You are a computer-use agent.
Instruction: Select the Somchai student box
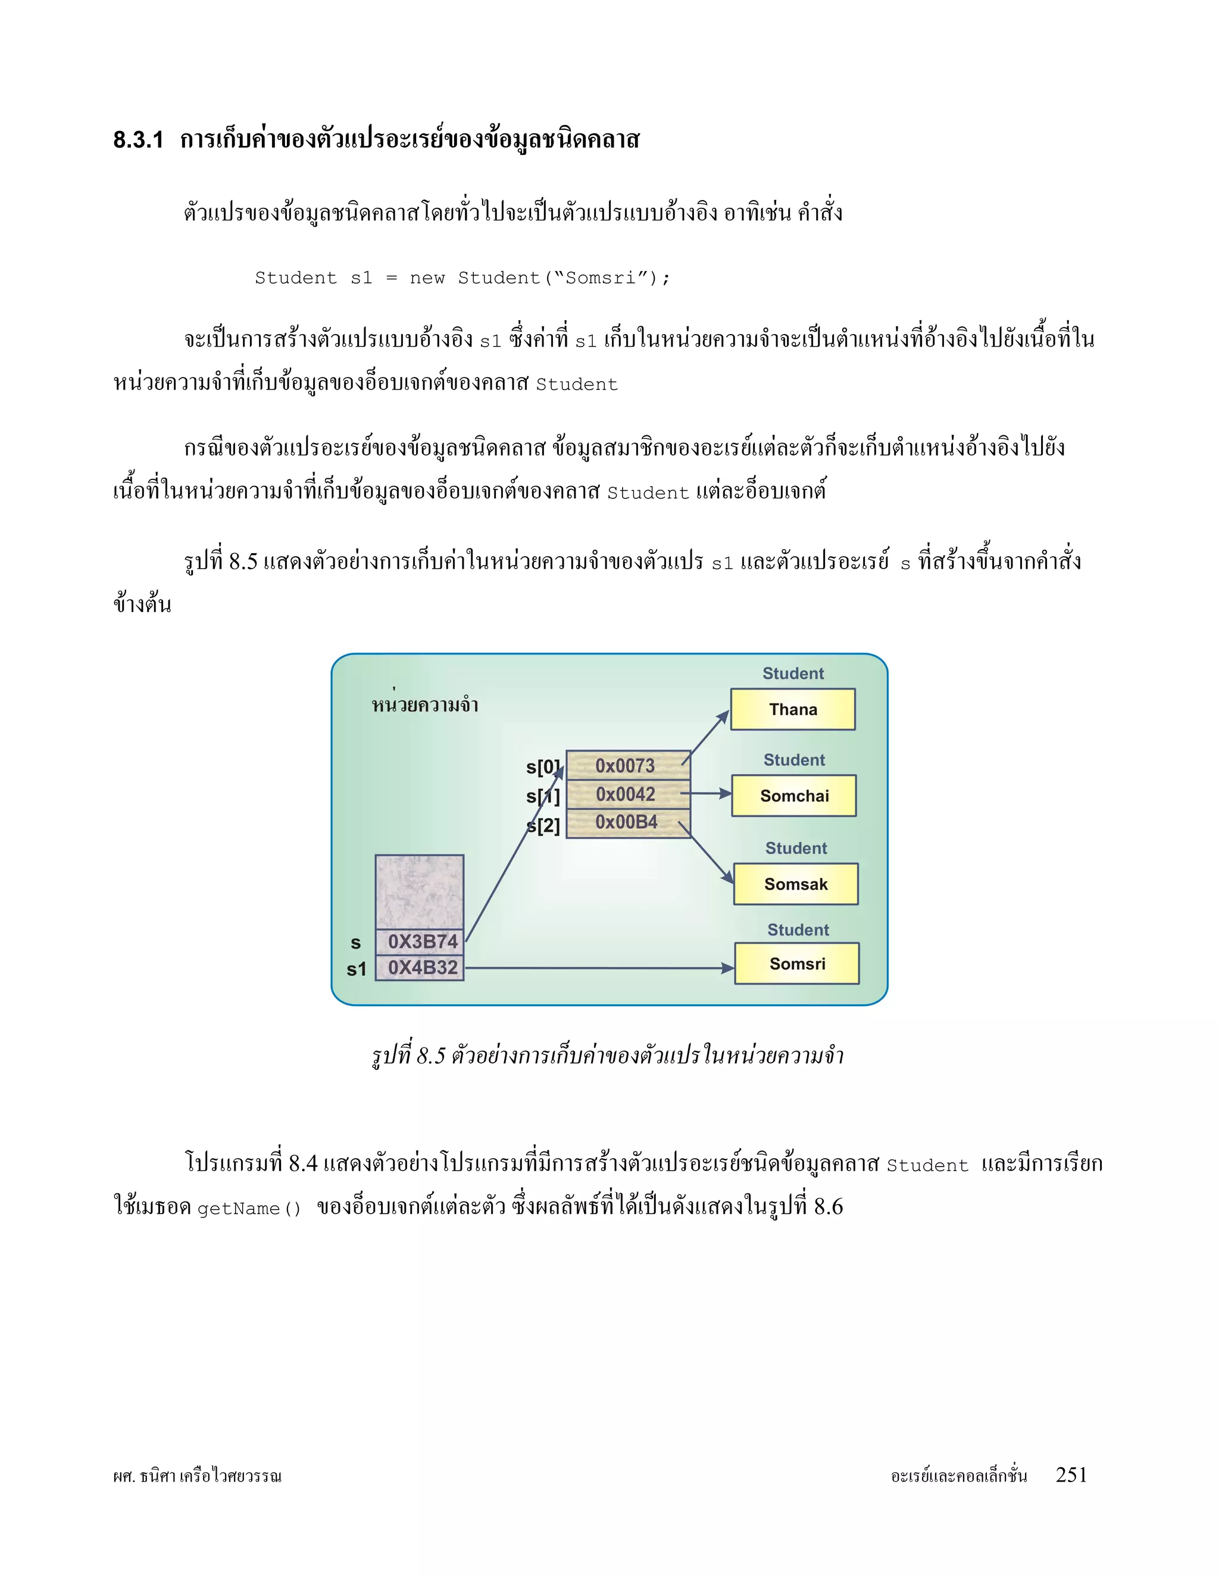tap(793, 796)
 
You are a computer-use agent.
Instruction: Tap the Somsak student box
tap(796, 884)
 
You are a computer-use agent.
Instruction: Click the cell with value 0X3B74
tap(420, 941)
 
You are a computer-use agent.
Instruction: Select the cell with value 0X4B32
tap(420, 968)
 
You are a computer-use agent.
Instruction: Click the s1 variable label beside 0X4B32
tap(357, 969)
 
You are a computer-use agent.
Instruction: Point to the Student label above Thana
tap(793, 673)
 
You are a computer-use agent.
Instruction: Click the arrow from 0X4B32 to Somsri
tap(599, 968)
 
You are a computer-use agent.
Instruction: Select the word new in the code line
tap(427, 278)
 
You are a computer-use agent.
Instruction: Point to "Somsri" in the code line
tap(599, 278)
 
